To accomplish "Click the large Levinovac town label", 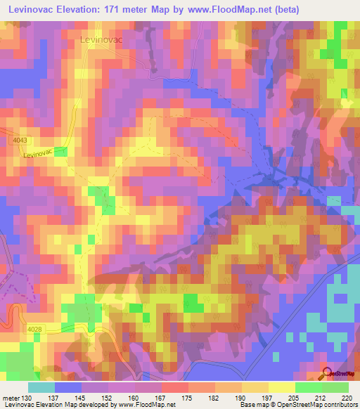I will click(x=101, y=40).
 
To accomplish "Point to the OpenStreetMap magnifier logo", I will click(x=326, y=374).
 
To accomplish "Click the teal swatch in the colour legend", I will click(x=41, y=387).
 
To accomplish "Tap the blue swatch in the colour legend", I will click(x=68, y=387).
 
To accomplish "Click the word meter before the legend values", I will click(x=11, y=398).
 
